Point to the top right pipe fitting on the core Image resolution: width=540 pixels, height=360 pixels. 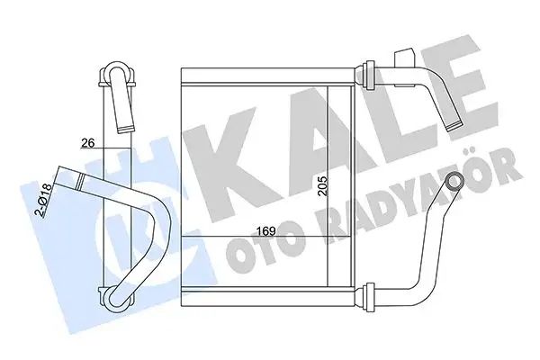click(x=369, y=69)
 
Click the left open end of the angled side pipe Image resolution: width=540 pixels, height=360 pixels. click(x=62, y=175)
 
